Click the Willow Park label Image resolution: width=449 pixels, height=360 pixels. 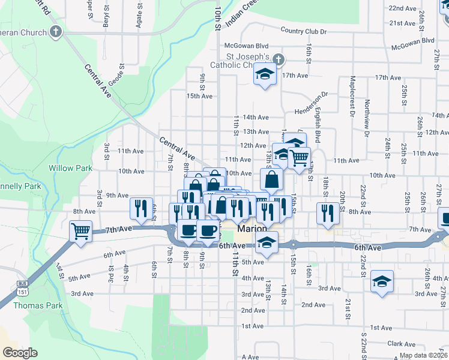click(x=71, y=168)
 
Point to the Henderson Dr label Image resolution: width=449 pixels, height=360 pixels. click(x=312, y=103)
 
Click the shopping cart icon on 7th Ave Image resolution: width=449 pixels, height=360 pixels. click(x=80, y=230)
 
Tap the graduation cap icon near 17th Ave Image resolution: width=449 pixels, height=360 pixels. click(x=264, y=74)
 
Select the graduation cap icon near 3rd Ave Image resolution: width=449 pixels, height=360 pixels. click(x=382, y=281)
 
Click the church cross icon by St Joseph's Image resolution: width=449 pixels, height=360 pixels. click(x=277, y=59)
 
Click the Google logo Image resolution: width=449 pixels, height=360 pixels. click(x=20, y=352)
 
